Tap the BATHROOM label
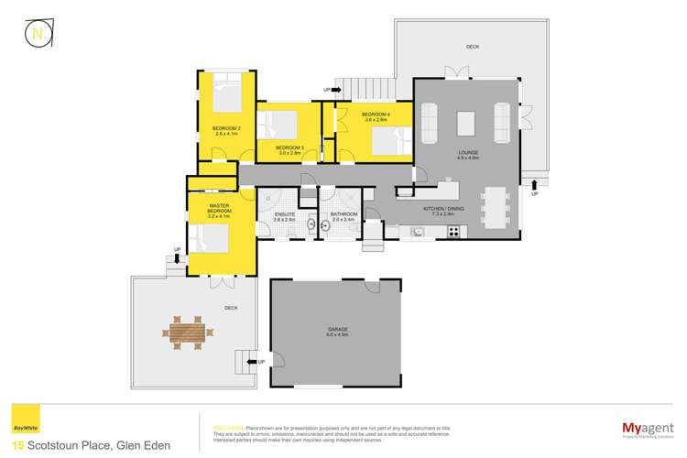click(x=343, y=217)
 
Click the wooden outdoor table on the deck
click(x=188, y=330)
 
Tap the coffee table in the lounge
click(x=467, y=123)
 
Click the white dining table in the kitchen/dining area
click(x=496, y=207)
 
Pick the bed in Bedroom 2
click(x=224, y=96)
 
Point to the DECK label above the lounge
click(x=472, y=46)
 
